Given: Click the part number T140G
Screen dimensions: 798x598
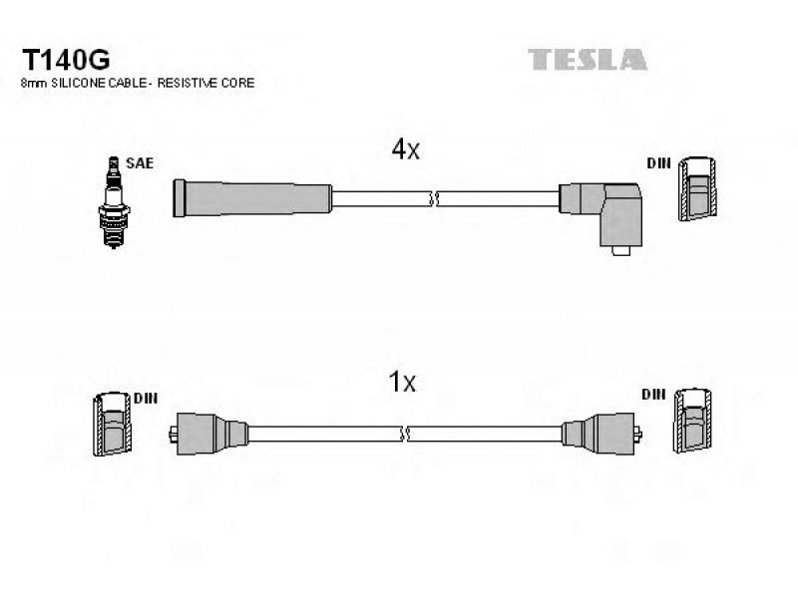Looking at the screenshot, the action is coord(66,60).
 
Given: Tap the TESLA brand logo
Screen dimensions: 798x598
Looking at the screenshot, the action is coord(588,60).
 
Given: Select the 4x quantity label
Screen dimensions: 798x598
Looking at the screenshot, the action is coord(405,149).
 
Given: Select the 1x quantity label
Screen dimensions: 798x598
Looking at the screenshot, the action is coord(402,382).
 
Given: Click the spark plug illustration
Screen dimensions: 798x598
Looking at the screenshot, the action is coord(114,202).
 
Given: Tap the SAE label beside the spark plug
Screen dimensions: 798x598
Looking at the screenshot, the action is coord(140,163).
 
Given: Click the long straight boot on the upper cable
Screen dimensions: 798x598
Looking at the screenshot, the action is coord(252,198).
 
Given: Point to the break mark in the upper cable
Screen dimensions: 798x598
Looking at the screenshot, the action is coord(434,198).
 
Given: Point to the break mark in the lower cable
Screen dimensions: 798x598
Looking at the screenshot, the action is coord(405,434).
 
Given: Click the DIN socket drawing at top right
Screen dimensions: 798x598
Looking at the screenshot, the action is coord(697,188).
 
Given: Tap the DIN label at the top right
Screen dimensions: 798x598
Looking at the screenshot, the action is coord(658,163).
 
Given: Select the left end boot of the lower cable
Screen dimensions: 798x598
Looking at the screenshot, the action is coord(208,434).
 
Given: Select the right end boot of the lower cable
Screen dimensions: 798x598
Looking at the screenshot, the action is coord(601,434).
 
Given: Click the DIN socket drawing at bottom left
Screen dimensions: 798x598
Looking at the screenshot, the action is coord(113,424).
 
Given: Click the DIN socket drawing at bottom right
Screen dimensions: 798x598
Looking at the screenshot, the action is coord(692,420).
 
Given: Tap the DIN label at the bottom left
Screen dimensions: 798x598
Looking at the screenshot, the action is coord(146,398).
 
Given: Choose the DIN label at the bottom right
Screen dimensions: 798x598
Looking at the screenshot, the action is coord(653,394).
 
